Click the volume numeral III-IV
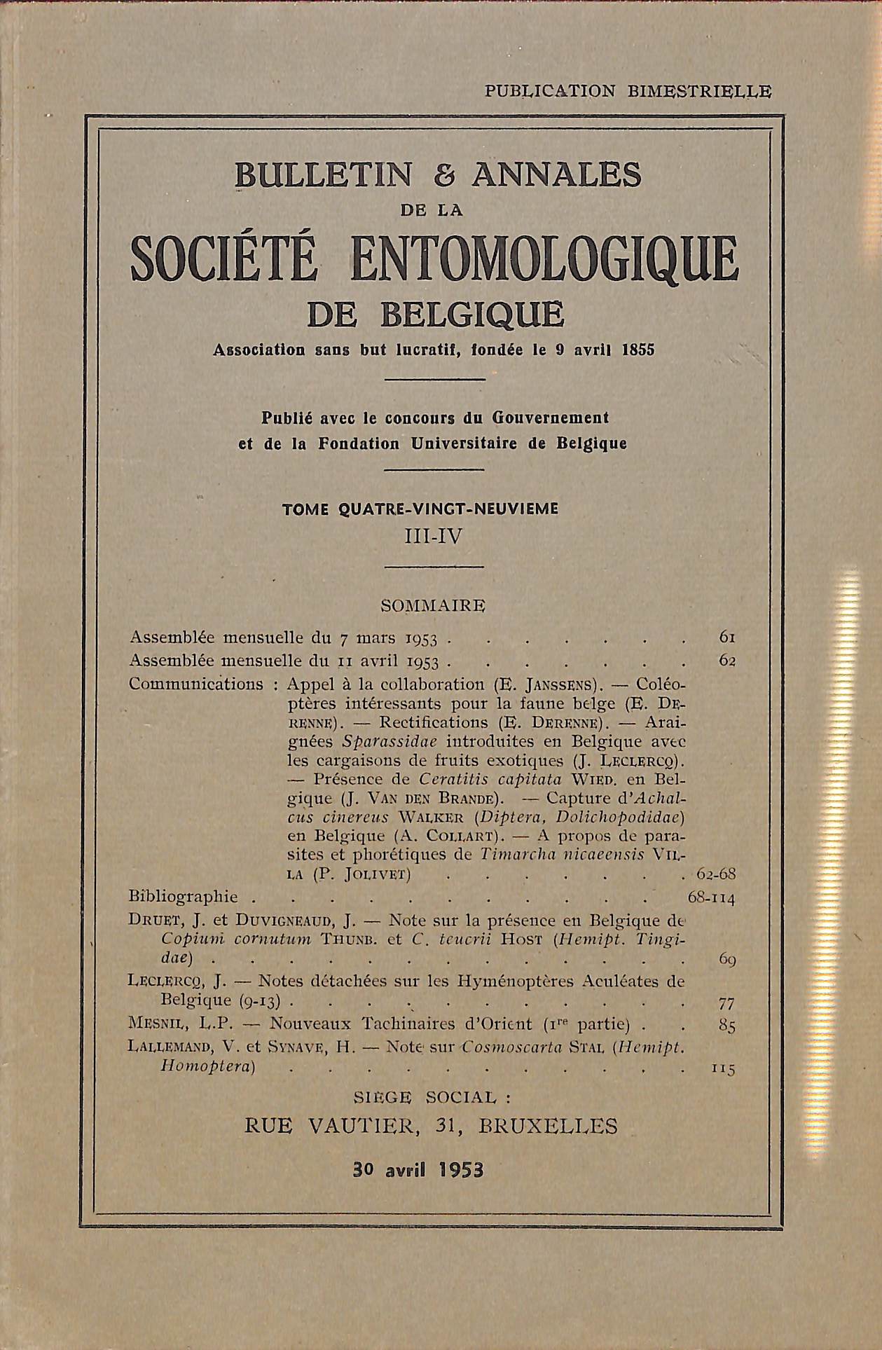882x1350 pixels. point(434,537)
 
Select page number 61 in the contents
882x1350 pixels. point(726,637)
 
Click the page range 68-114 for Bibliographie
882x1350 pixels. point(712,897)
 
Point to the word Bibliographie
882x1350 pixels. point(184,897)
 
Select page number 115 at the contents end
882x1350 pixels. point(722,1069)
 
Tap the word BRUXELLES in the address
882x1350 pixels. point(549,1125)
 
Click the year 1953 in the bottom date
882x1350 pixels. point(460,1169)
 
